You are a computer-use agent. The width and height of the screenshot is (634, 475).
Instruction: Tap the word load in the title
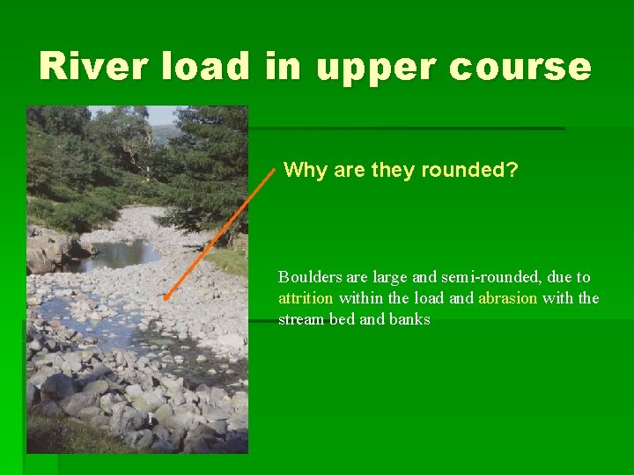pos(217,67)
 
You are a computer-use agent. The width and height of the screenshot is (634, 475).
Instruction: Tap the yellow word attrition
pos(306,298)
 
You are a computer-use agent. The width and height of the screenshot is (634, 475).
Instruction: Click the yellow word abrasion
pos(508,298)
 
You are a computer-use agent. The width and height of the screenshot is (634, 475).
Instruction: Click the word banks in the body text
pos(409,319)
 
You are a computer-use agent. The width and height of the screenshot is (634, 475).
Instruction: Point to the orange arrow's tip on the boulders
pos(166,297)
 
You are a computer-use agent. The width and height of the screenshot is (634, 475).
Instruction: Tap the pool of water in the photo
pos(119,254)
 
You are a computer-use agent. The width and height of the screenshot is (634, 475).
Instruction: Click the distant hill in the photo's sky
pos(162,132)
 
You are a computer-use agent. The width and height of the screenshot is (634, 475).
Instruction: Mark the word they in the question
pos(393,170)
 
